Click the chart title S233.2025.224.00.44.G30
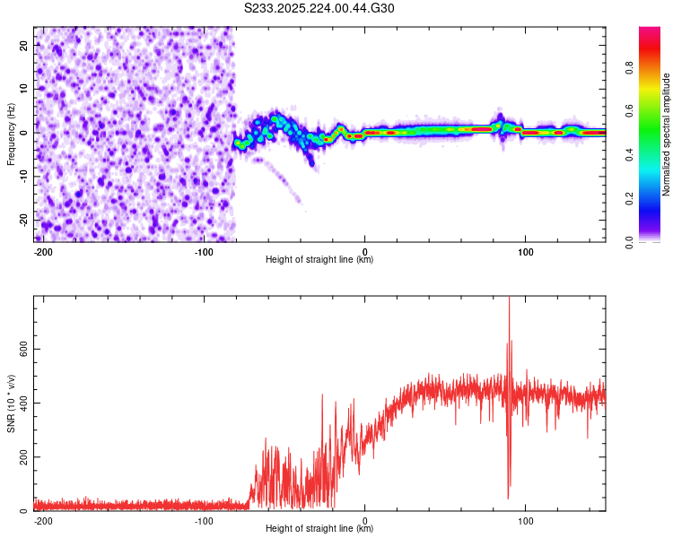coord(319,9)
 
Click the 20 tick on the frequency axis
coord(25,45)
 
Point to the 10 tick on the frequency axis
coord(25,89)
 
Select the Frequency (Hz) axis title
coord(11,134)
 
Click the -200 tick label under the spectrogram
coord(42,250)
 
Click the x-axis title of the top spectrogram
coord(319,260)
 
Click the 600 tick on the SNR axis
coord(22,349)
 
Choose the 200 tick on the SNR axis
coord(22,457)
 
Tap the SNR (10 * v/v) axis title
coord(11,403)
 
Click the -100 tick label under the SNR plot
coord(204,520)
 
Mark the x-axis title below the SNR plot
coord(319,530)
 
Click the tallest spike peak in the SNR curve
coord(509,299)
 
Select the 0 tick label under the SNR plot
coord(365,520)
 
